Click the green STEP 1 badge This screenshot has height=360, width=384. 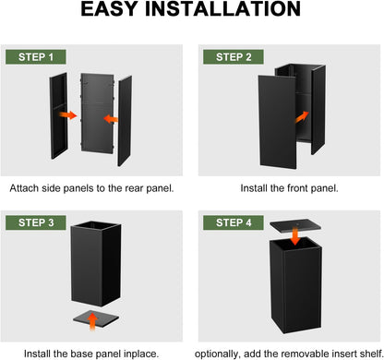coord(36,57)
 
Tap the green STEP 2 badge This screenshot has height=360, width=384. coord(234,57)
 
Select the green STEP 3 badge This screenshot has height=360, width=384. coord(36,222)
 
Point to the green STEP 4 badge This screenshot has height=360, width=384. coord(234,222)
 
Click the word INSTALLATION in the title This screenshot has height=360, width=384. coord(222,9)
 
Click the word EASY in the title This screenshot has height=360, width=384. coord(109,9)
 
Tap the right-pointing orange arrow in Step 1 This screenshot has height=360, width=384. coord(68,115)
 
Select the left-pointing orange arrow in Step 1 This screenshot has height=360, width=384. coord(111,119)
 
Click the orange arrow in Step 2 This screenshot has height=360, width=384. coord(302,117)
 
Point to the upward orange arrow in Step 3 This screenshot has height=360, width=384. coord(92,321)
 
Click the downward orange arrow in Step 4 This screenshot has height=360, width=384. coord(295,236)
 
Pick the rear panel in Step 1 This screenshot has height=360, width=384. coord(97,113)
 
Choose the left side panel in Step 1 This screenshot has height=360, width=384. coord(58,115)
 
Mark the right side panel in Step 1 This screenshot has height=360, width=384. coord(125,121)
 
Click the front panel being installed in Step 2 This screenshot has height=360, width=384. coord(277,122)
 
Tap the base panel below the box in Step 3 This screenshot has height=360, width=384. coord(96,319)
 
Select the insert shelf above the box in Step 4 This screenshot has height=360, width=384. coord(295,226)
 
